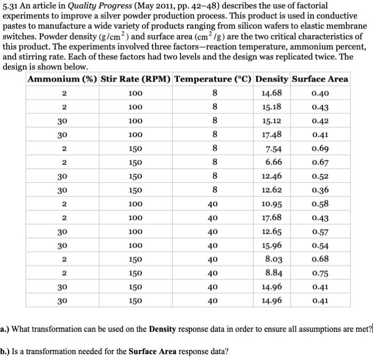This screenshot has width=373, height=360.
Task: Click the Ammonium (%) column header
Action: (x=62, y=79)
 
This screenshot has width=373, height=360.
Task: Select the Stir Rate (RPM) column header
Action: (x=135, y=79)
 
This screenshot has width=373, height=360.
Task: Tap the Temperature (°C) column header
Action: (x=213, y=79)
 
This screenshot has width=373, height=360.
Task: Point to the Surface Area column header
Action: (x=320, y=79)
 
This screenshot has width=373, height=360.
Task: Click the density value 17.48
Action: (x=272, y=134)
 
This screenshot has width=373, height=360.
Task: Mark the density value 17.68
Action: (x=272, y=217)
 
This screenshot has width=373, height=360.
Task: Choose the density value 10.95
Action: (x=272, y=204)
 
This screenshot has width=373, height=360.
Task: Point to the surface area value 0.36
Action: (x=320, y=190)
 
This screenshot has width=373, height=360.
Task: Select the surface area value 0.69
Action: (x=320, y=148)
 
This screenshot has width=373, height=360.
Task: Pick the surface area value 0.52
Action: (x=320, y=176)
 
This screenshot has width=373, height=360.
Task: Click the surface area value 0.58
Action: (x=320, y=204)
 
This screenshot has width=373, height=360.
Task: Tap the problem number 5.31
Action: (x=12, y=5)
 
